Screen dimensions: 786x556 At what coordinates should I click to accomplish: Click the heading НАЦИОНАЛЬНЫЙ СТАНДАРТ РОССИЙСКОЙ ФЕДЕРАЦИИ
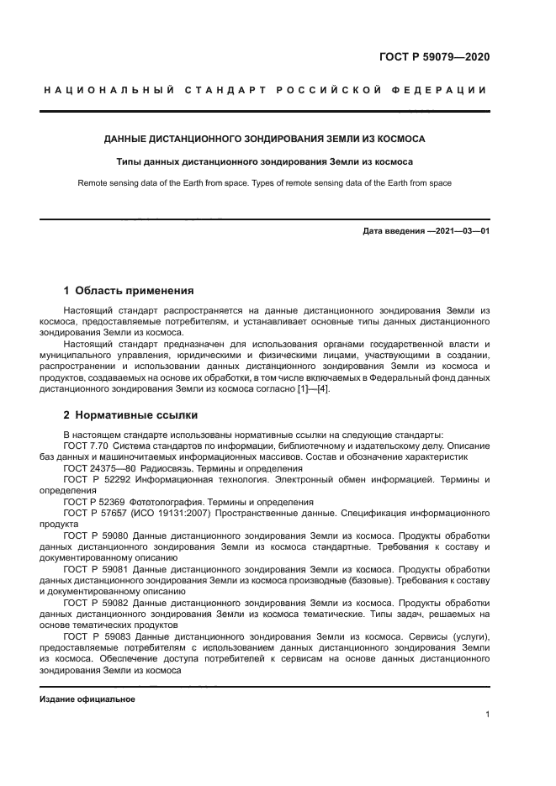265,90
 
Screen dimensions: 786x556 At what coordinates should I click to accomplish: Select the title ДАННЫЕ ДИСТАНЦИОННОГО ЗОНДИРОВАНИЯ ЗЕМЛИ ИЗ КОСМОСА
264,138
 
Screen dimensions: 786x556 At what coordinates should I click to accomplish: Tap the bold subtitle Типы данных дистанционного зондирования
264,161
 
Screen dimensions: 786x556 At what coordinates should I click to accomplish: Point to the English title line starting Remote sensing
264,182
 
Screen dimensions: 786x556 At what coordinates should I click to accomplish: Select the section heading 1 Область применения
129,291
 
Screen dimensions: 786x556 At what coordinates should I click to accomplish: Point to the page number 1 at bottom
487,715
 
